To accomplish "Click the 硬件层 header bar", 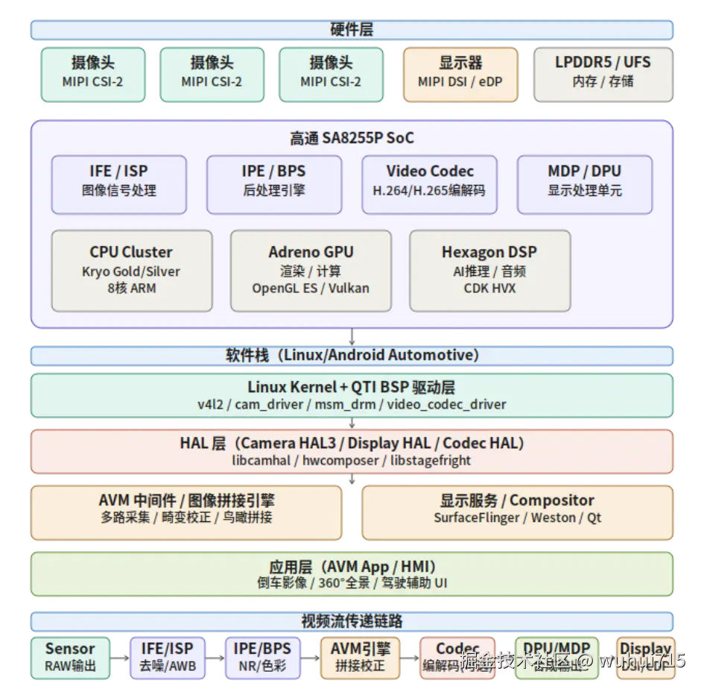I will point(352,30).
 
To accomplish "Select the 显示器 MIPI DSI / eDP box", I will point(460,73).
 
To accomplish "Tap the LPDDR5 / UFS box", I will point(603,73).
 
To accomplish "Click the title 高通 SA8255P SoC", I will point(352,138).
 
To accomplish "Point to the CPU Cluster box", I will point(131,270).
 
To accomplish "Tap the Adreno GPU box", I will point(311,270).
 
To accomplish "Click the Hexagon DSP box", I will point(489,270).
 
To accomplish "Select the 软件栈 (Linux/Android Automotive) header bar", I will point(352,355).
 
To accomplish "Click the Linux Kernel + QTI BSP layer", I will point(352,395).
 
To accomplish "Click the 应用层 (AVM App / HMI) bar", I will point(352,574).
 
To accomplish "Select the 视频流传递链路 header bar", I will point(352,621).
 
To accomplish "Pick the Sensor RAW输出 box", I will point(70,658).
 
